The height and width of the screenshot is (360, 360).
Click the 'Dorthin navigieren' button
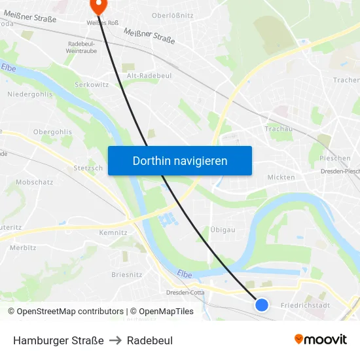point(180,160)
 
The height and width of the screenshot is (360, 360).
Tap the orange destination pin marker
point(98,6)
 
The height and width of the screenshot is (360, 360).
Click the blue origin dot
point(262,304)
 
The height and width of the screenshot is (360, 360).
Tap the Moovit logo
point(321,340)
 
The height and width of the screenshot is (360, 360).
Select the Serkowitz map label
point(92,85)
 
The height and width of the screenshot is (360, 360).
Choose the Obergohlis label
point(52,132)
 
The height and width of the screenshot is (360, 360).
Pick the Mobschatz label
point(34,182)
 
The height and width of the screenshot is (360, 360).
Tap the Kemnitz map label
point(113,232)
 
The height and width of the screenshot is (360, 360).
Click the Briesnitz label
point(127,274)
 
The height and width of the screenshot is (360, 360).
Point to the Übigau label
point(223,230)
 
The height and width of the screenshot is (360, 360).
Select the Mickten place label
point(281,177)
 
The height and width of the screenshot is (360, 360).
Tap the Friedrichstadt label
point(305,305)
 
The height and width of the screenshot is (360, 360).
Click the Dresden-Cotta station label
point(186,293)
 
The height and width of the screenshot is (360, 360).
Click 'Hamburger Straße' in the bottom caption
point(58,340)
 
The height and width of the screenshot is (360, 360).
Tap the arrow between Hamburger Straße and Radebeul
point(115,340)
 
